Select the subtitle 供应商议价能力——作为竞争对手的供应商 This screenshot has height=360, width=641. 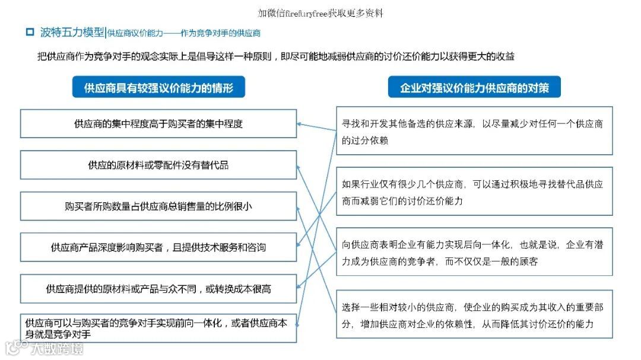(184, 33)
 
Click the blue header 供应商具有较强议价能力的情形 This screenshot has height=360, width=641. (158, 88)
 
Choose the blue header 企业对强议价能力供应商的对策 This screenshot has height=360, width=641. (474, 88)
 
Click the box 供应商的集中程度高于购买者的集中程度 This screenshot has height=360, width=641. (158, 124)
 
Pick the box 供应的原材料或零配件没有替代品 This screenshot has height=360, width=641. (158, 165)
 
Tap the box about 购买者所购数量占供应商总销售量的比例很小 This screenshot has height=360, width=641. (158, 206)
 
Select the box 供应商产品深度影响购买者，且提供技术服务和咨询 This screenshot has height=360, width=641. (158, 247)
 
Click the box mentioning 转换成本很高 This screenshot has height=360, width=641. (158, 289)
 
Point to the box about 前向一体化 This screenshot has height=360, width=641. (158, 328)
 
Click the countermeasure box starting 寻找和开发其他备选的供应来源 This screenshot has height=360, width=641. (474, 131)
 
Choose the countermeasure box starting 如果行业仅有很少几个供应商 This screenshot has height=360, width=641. (474, 192)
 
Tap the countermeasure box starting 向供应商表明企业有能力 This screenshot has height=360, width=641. (474, 253)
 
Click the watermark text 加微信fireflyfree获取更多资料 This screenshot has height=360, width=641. (320, 12)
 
